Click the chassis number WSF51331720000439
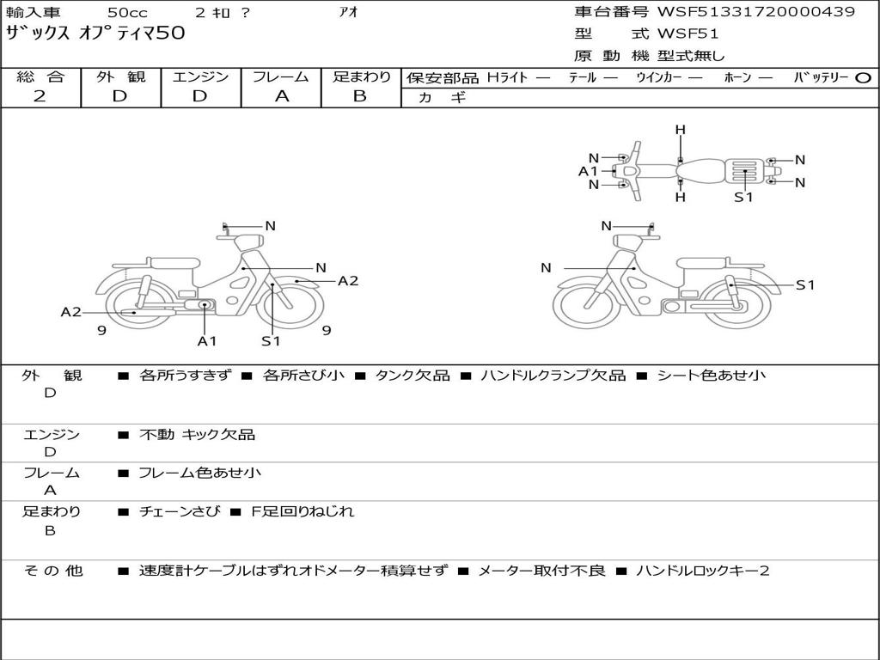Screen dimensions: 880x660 pos(756,11)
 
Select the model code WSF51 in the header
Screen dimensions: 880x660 pos(687,34)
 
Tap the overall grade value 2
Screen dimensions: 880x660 pos(40,96)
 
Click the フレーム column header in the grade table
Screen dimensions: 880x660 pos(281,76)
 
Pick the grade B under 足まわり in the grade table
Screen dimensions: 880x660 pos(360,96)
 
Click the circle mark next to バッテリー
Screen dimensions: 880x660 pos(863,78)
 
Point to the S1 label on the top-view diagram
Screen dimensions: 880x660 pos(743,197)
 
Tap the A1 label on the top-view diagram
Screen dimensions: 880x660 pos(588,171)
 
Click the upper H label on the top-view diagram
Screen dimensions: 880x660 pos(681,131)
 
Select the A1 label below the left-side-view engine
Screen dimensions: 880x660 pos(206,340)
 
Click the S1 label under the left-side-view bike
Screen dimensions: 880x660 pos(271,340)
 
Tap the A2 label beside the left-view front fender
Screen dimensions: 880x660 pos(348,281)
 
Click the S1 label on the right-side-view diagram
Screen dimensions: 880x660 pos(805,285)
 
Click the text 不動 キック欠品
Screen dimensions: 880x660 pos(197,434)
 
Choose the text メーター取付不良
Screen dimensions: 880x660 pos(541,571)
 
